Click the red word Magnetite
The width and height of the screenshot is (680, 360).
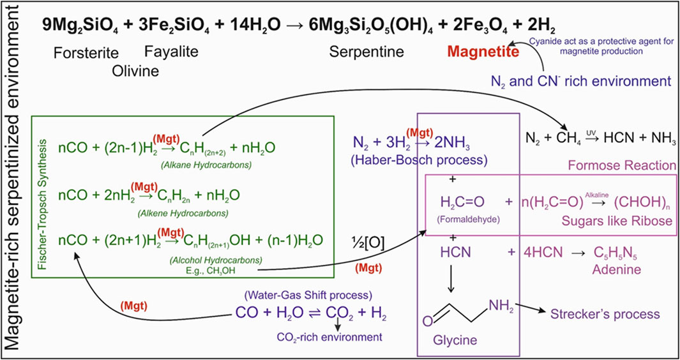click(x=483, y=53)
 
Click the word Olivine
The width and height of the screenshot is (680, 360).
click(x=135, y=70)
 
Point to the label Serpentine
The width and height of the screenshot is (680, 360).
click(x=362, y=53)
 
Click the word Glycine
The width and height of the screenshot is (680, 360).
click(x=455, y=340)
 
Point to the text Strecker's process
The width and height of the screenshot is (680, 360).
click(x=614, y=314)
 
